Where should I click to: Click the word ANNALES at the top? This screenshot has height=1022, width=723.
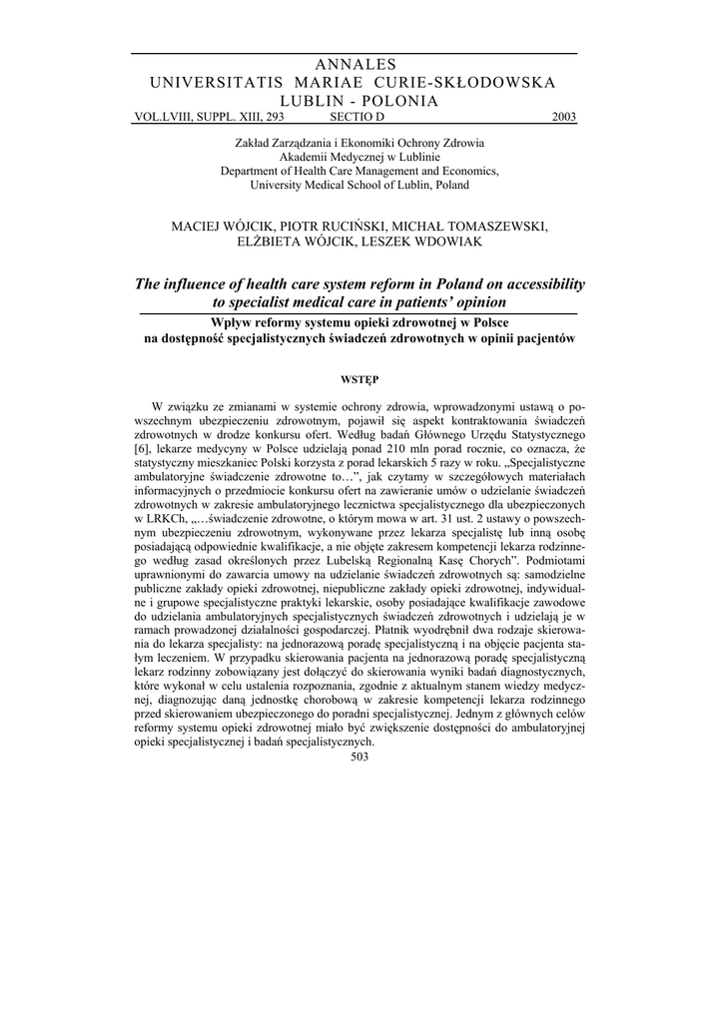tap(355, 64)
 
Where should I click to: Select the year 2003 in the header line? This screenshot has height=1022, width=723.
tap(563, 117)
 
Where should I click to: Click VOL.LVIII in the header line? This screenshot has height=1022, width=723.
tap(158, 117)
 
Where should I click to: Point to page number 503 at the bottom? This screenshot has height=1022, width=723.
tap(361, 757)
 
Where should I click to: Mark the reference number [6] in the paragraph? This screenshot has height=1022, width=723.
tap(142, 451)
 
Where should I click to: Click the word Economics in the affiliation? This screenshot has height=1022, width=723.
tap(463, 171)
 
